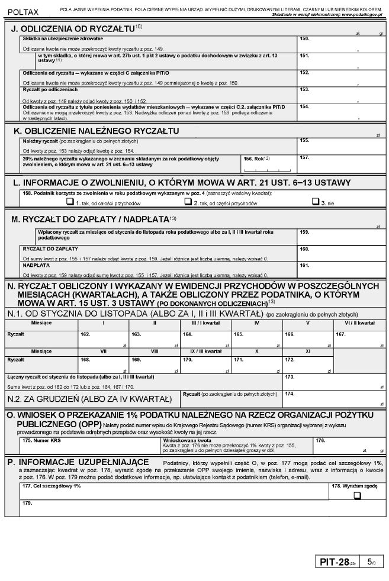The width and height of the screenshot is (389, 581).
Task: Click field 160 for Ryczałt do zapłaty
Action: click(340, 253)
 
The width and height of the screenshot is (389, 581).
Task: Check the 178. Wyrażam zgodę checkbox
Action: click(357, 496)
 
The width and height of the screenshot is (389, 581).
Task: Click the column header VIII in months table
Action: click(155, 351)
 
